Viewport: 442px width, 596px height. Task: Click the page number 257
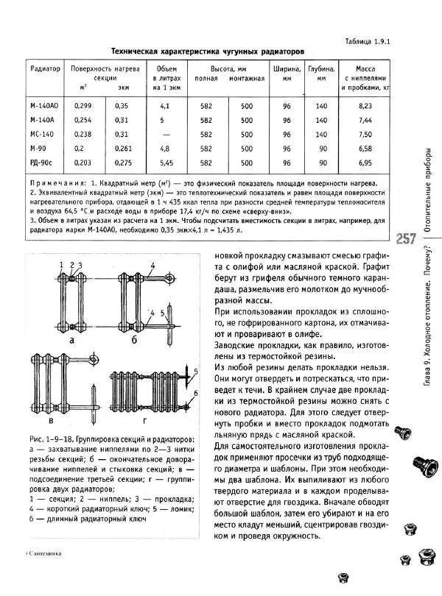[407, 239]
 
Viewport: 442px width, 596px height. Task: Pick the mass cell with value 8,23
[367, 106]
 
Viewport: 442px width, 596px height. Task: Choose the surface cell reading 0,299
[83, 106]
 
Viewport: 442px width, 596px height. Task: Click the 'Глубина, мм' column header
[321, 73]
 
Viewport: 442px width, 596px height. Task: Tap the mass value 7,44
[367, 120]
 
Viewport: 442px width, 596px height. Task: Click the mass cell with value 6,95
[367, 162]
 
